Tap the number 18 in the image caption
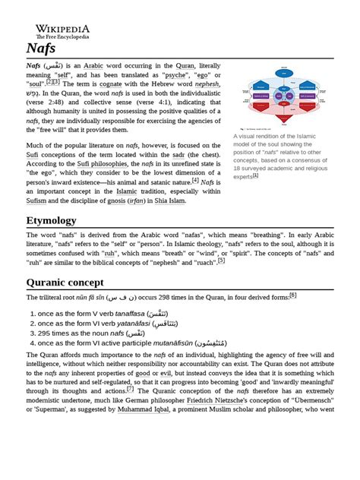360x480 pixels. pyautogui.click(x=238, y=168)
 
